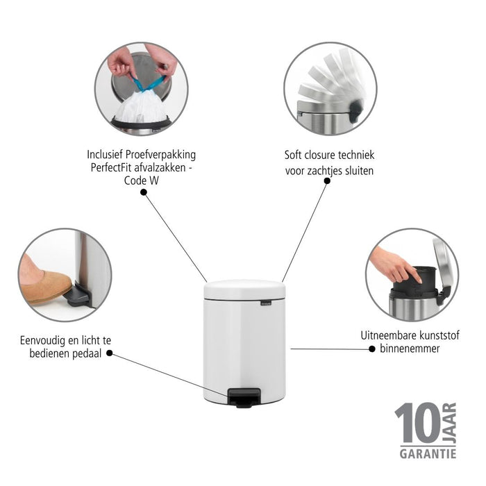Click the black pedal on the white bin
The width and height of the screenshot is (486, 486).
pos(242,398)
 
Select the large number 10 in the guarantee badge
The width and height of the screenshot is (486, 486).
pos(417,425)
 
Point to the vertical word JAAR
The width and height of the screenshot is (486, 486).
pos(450,423)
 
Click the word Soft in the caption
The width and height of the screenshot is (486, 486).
pos(294,156)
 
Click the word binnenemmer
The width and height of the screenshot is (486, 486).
pos(410,348)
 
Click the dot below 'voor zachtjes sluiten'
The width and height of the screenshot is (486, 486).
pos(328,181)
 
